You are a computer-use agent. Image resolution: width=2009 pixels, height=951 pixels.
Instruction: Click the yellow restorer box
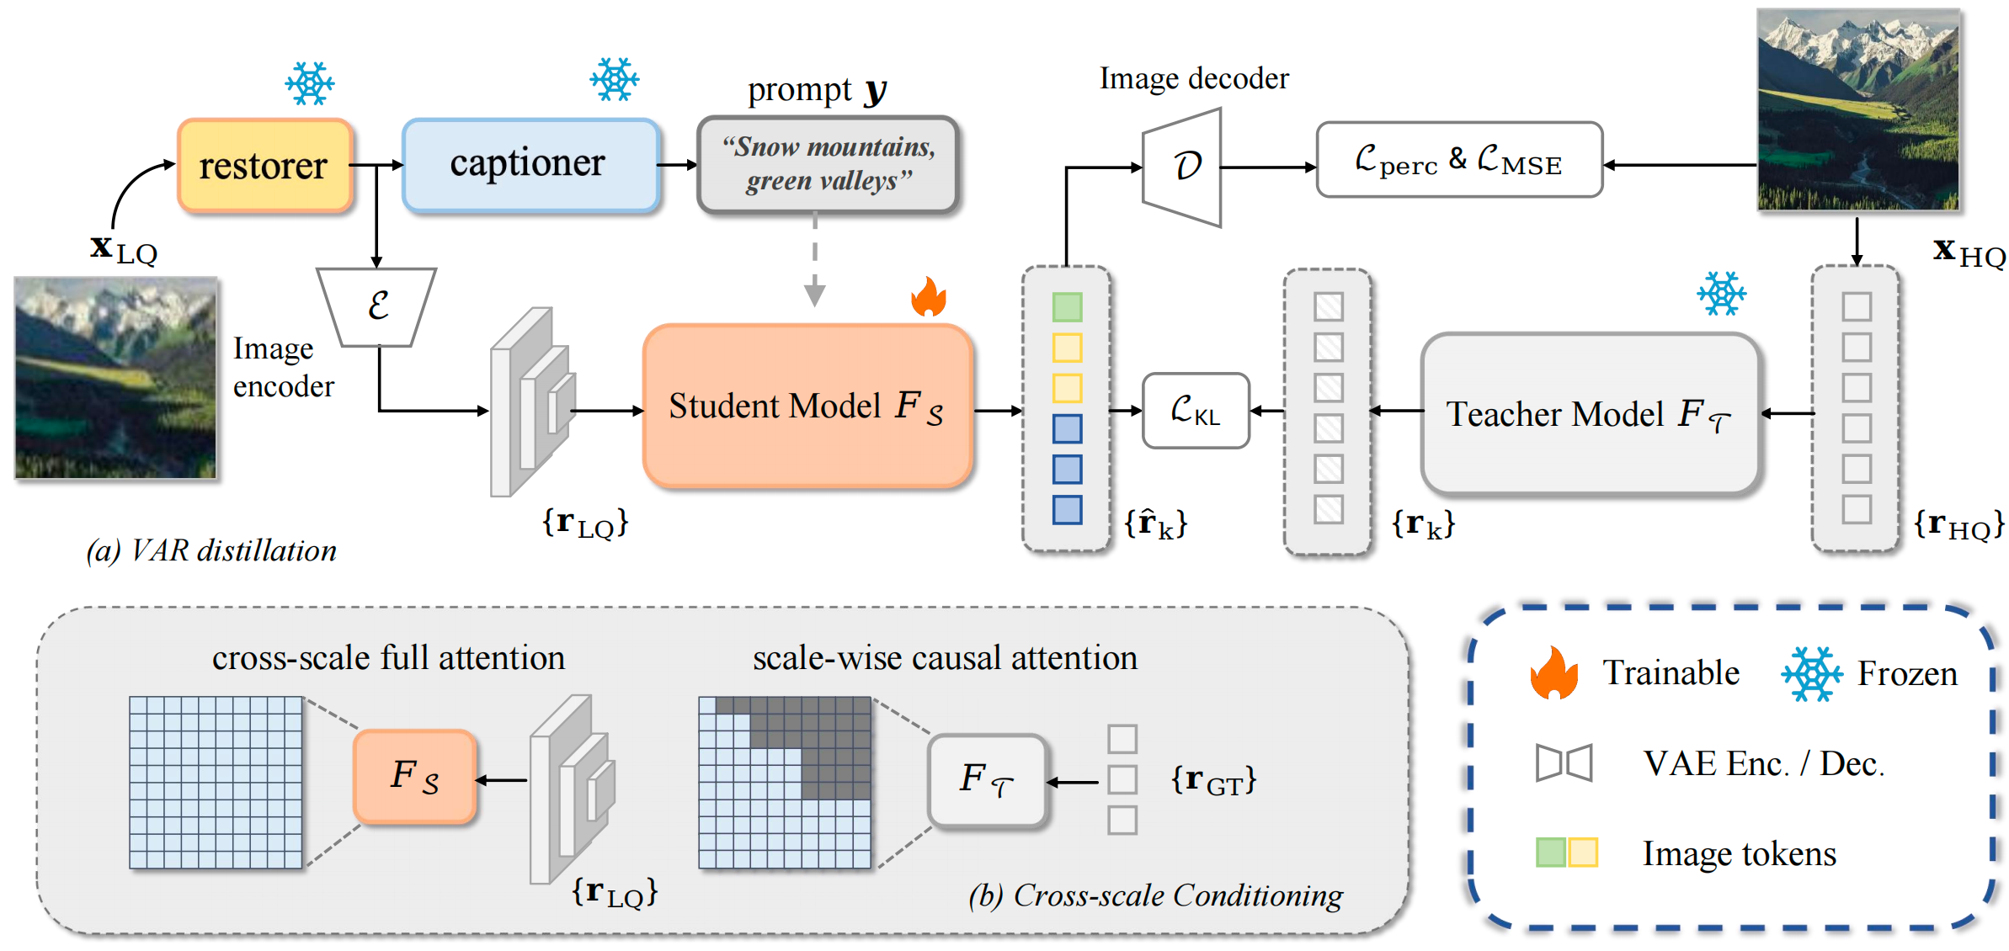click(264, 166)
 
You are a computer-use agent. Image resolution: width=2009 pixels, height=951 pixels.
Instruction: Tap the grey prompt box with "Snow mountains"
click(828, 164)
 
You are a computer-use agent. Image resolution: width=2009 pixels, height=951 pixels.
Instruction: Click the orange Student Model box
click(807, 406)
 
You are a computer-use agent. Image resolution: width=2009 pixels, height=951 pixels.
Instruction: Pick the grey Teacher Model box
click(1589, 413)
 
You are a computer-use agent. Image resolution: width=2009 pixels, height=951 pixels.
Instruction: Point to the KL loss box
click(1196, 411)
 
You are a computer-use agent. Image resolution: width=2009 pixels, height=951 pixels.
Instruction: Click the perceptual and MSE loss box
click(1458, 160)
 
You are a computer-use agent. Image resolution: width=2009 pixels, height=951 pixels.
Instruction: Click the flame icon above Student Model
click(929, 297)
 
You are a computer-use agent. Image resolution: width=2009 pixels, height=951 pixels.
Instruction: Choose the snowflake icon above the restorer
click(309, 83)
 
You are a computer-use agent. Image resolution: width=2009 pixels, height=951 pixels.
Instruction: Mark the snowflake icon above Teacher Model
click(1721, 294)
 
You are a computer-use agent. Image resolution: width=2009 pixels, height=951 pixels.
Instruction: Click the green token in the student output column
click(1067, 307)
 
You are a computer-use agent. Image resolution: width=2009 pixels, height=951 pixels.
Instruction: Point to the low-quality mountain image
click(115, 378)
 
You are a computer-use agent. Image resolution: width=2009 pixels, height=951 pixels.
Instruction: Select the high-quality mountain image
click(1857, 110)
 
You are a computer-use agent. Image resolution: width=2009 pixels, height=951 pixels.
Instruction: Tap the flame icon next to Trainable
click(1553, 673)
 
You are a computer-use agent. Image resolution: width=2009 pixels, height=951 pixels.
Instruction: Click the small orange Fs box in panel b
click(415, 776)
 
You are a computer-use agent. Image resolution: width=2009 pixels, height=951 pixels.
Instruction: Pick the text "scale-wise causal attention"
click(945, 658)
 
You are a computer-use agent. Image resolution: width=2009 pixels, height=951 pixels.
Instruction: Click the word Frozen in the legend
click(1907, 673)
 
